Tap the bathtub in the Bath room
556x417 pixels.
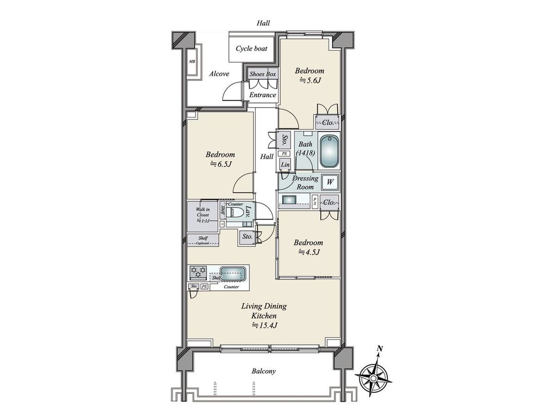pyautogui.click(x=329, y=151)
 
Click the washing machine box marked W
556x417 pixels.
pyautogui.click(x=330, y=182)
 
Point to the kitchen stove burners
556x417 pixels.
pyautogui.click(x=198, y=272)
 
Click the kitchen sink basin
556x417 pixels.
pyautogui.click(x=233, y=273)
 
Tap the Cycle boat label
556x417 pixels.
pyautogui.click(x=251, y=49)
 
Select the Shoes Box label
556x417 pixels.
pyautogui.click(x=263, y=74)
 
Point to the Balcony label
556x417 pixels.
pyautogui.click(x=264, y=371)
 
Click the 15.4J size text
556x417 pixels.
pyautogui.click(x=264, y=325)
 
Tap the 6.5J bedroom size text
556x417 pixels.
pyautogui.click(x=220, y=164)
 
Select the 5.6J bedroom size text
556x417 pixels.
pyautogui.click(x=309, y=80)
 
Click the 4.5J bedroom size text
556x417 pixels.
pyautogui.click(x=308, y=252)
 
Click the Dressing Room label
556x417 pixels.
pyautogui.click(x=305, y=183)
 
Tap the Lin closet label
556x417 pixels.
pyautogui.click(x=285, y=165)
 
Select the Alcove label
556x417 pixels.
pyautogui.click(x=219, y=74)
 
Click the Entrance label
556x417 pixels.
pyautogui.click(x=263, y=95)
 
